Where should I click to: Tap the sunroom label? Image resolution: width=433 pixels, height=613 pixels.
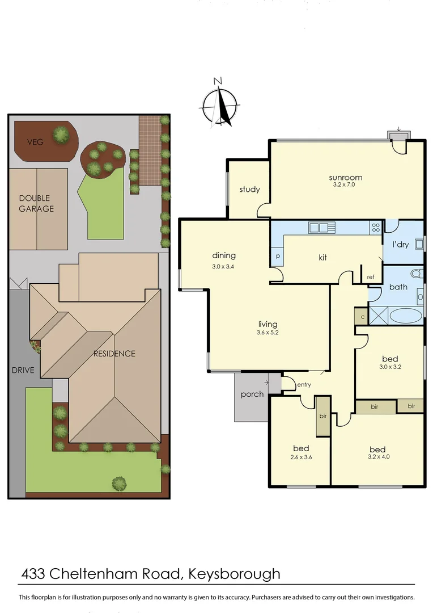tap(345, 178)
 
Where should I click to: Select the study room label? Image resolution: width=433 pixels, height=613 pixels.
tap(249, 189)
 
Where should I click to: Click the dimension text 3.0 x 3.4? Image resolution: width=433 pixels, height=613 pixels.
tap(224, 266)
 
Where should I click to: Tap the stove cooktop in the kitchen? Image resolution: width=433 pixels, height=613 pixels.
tap(375, 228)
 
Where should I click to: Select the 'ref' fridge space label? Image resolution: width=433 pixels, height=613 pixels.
tap(371, 277)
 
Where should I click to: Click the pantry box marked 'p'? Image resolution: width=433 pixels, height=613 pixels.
tap(278, 257)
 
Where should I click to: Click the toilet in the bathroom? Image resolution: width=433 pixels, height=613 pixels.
tap(417, 274)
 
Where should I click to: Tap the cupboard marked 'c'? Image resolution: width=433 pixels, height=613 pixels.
tap(362, 316)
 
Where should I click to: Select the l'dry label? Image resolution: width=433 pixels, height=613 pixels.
tap(401, 245)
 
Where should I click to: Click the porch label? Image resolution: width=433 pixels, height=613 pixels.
tap(252, 394)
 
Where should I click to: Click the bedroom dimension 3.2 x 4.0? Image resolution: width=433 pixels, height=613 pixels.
tap(379, 456)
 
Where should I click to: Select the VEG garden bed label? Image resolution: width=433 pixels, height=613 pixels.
tap(37, 141)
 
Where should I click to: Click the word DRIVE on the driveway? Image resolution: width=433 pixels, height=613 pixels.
tap(23, 370)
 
